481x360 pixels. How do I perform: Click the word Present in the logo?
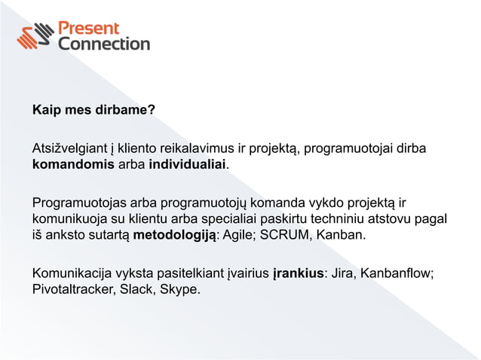pos(90,29)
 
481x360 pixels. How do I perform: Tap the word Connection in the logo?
pos(104,44)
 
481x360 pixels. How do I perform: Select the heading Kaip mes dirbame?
pos(93,111)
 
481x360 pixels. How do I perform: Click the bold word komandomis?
pos(73,164)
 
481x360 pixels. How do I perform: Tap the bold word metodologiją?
pos(176,236)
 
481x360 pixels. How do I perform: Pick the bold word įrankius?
pos(298,273)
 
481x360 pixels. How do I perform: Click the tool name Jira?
pos(344,273)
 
